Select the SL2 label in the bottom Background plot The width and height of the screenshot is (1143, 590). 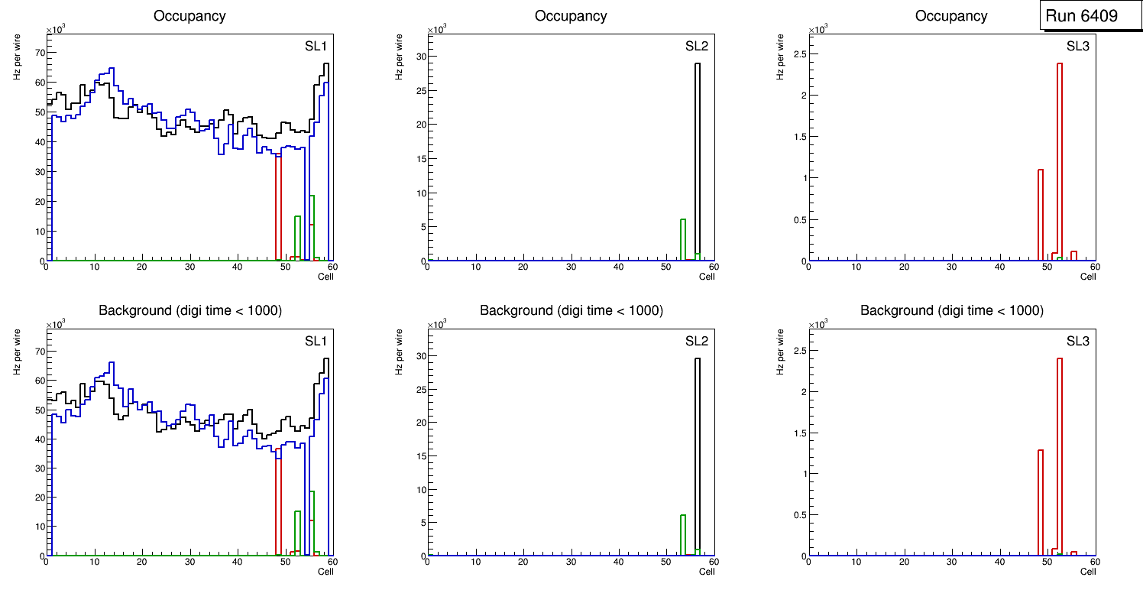pos(697,340)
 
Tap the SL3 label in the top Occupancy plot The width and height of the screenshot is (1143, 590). pos(1078,46)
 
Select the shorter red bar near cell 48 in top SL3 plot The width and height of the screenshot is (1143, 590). pos(1041,214)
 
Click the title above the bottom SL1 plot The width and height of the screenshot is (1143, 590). pos(190,310)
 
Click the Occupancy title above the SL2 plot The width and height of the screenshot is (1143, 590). pos(571,15)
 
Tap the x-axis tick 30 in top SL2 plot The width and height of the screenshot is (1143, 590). pos(571,267)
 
